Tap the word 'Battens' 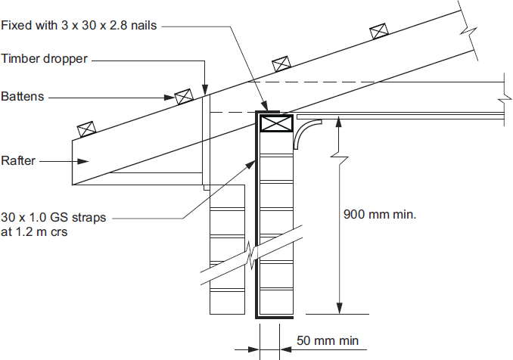tap(23, 97)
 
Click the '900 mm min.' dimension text tap(380, 213)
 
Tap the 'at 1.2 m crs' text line tap(35, 232)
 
